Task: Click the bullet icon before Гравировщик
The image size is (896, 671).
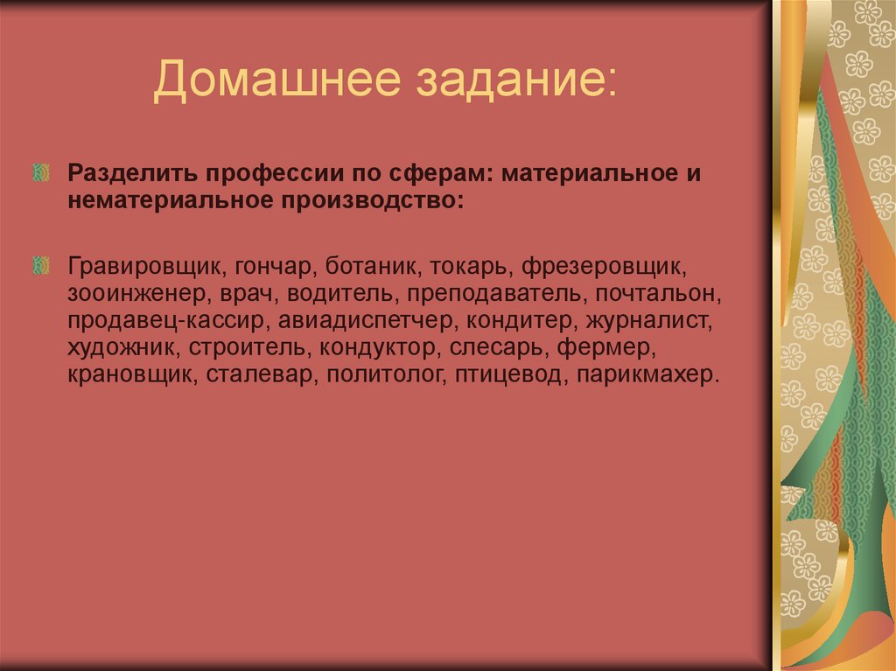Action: pyautogui.click(x=40, y=264)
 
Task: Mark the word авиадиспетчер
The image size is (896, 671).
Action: pyautogui.click(x=374, y=320)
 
